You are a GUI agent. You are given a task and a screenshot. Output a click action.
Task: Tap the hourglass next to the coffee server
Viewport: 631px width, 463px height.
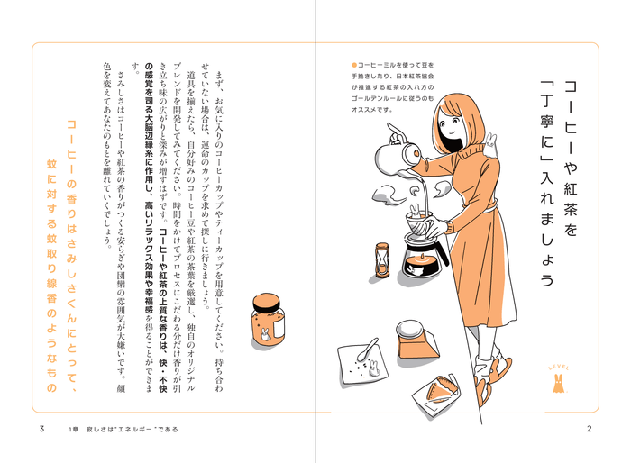coord(382,260)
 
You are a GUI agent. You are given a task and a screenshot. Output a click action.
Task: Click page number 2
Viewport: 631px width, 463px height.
coord(588,428)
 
